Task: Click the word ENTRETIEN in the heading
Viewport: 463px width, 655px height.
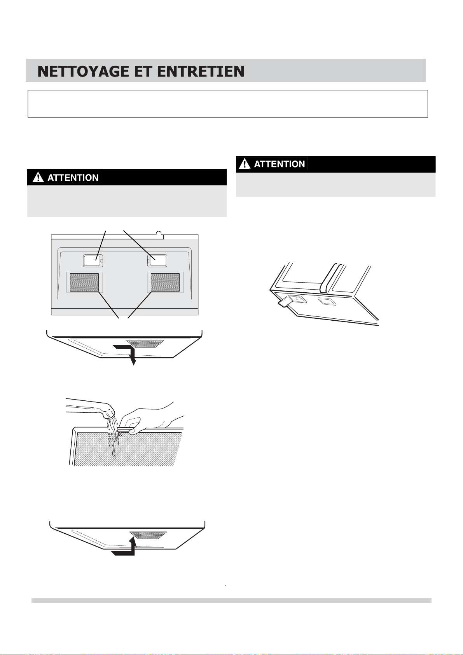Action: [200, 72]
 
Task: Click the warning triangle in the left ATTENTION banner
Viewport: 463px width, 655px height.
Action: [38, 178]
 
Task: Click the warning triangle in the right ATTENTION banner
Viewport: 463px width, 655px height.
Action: [245, 164]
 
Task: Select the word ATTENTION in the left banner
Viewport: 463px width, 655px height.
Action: [73, 178]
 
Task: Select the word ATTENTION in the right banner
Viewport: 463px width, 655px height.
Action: [280, 164]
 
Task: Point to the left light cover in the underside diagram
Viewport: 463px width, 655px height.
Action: [93, 260]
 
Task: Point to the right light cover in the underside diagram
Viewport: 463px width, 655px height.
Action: [157, 260]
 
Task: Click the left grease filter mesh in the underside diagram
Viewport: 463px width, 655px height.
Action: [84, 283]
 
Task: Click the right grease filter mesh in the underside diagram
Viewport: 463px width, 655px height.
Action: [165, 283]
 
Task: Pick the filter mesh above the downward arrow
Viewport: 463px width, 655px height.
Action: [145, 344]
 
